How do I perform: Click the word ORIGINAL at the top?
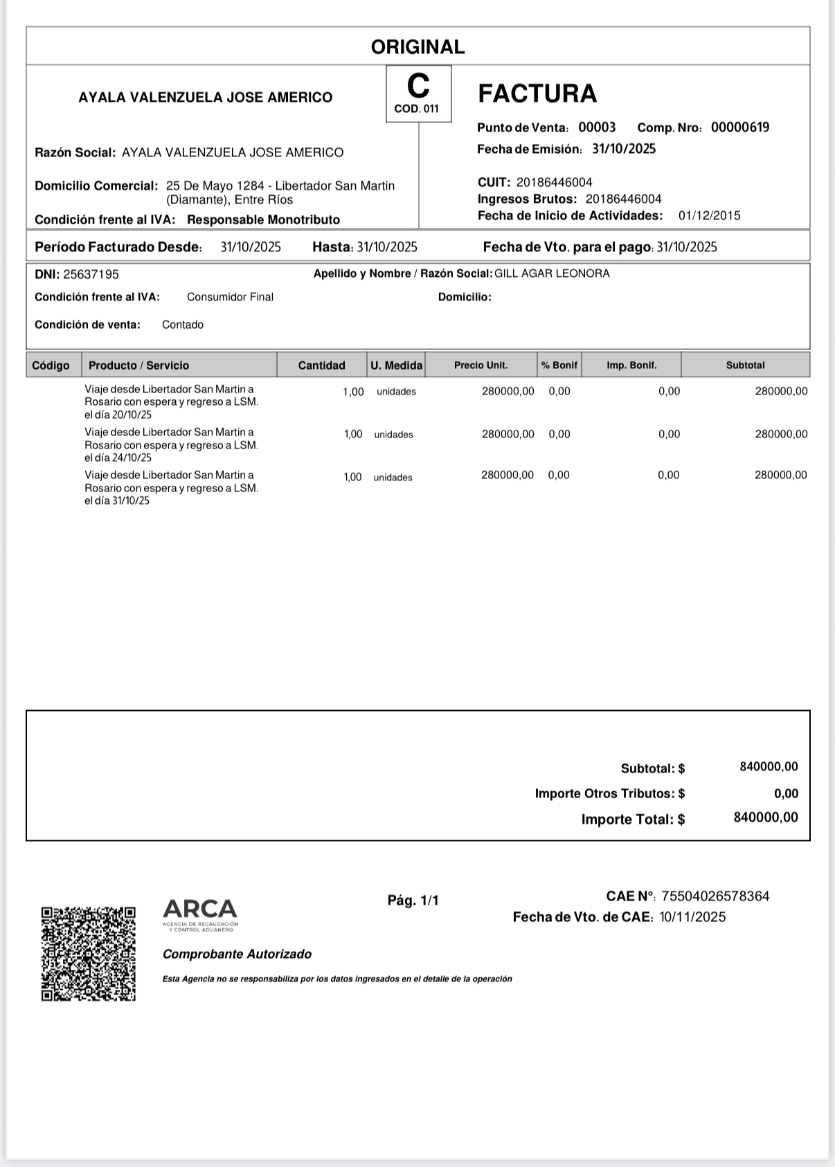tap(417, 47)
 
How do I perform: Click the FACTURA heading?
tap(537, 93)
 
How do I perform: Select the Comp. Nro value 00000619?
tap(740, 127)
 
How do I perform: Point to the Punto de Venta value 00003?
tap(597, 127)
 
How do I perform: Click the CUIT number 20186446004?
tap(554, 183)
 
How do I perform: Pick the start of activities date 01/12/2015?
tap(709, 216)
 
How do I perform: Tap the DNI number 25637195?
tap(91, 275)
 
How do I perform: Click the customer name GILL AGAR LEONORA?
tap(552, 273)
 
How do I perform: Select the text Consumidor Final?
tap(230, 297)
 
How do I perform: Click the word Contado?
tap(183, 325)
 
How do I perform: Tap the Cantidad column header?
tap(321, 365)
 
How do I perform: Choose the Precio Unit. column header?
tap(481, 365)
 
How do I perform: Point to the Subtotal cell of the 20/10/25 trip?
tap(781, 392)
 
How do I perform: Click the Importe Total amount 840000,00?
tap(766, 817)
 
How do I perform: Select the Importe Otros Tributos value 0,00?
tap(786, 794)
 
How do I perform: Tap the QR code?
tap(89, 954)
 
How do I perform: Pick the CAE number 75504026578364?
tap(715, 896)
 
